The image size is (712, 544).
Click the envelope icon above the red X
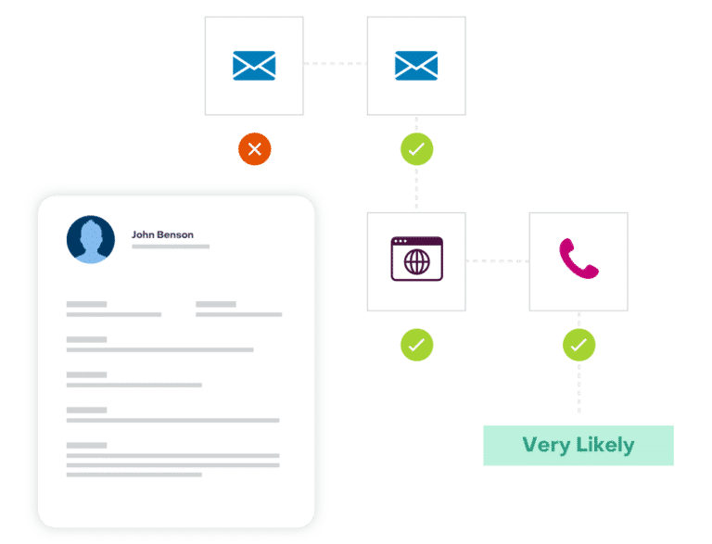[254, 66]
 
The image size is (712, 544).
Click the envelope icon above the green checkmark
[416, 66]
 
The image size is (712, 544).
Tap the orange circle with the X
[255, 149]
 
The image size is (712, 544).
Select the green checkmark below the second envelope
[417, 149]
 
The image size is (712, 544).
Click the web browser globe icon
[417, 259]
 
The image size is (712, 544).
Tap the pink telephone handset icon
[578, 259]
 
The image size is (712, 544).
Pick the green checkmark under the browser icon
[417, 345]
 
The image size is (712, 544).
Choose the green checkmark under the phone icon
[578, 345]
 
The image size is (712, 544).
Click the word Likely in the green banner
[605, 445]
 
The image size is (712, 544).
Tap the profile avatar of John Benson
[91, 239]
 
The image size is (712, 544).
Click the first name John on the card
[143, 234]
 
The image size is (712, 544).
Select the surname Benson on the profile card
[175, 234]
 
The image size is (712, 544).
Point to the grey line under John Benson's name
[171, 247]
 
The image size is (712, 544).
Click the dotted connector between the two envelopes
[335, 64]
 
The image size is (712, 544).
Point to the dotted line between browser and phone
[497, 261]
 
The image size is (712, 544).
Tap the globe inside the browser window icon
[417, 262]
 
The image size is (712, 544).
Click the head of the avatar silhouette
[91, 233]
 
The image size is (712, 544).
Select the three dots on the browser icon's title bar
[400, 241]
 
